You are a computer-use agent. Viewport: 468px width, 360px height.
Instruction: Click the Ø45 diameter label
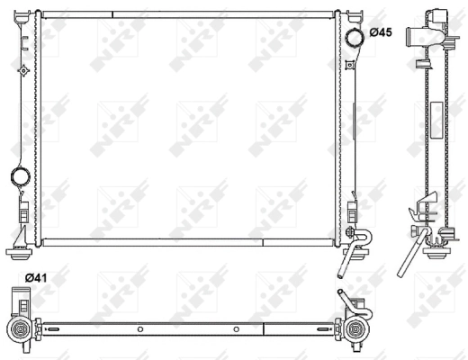click(380, 33)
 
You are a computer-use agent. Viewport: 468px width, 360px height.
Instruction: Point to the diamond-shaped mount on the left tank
click(22, 69)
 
